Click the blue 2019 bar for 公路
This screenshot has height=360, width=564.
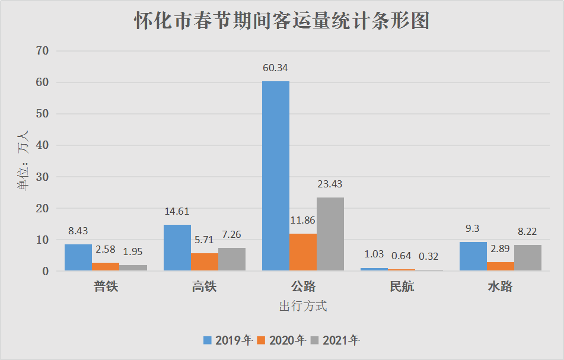tap(276, 176)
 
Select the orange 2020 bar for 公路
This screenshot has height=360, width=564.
tap(303, 252)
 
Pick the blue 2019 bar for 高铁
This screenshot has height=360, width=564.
tap(177, 248)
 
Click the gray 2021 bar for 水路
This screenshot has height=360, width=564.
tap(528, 258)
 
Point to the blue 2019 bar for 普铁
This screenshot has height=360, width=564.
tap(78, 257)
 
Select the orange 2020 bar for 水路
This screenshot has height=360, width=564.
tap(501, 266)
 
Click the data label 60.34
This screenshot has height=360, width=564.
tap(275, 68)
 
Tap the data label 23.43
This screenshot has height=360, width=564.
tap(330, 184)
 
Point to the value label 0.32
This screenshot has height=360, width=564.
tap(429, 256)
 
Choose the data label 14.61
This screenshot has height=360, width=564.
tap(176, 211)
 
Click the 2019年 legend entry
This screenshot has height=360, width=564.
tap(228, 340)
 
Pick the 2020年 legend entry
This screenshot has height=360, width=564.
tap(282, 340)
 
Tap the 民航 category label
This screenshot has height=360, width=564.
tap(402, 287)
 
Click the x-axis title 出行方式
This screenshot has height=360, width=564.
tap(303, 307)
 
